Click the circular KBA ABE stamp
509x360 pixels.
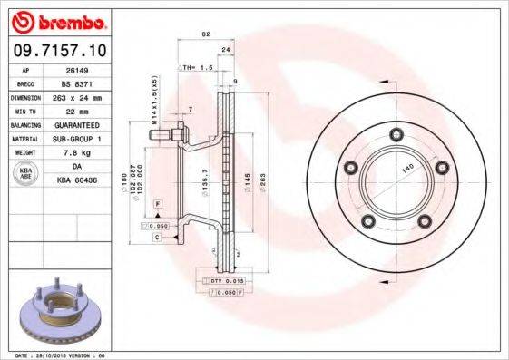tap(26, 174)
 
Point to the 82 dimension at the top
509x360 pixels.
tap(206, 34)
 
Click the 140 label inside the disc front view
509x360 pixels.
tap(409, 169)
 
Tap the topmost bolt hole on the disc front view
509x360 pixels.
tap(396, 136)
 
